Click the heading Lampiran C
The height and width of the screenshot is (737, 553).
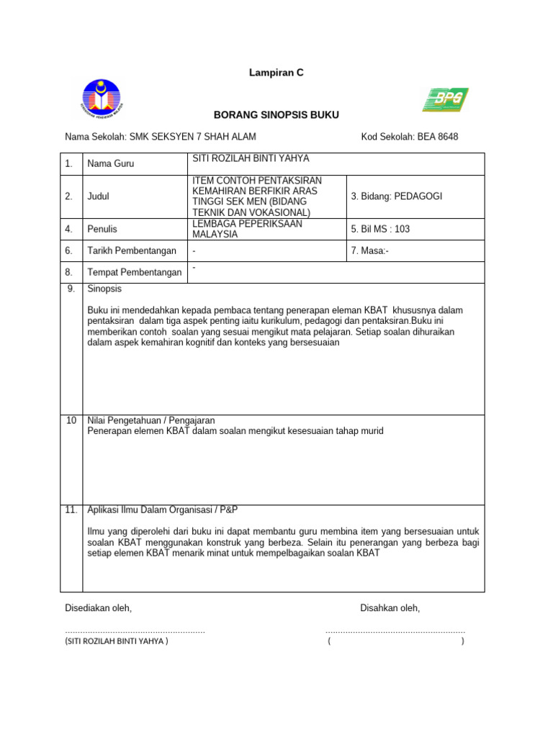276,73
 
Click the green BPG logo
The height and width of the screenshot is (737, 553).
445,99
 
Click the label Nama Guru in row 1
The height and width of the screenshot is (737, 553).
110,163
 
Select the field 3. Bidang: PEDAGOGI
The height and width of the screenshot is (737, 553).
397,196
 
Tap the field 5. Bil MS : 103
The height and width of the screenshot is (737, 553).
380,229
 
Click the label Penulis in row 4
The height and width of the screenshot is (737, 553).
102,229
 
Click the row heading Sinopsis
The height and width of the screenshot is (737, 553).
104,289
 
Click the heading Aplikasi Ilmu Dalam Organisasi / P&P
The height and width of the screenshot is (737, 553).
162,510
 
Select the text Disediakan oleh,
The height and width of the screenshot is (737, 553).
99,608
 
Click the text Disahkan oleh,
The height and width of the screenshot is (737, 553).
390,608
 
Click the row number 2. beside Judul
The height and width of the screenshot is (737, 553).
69,196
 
